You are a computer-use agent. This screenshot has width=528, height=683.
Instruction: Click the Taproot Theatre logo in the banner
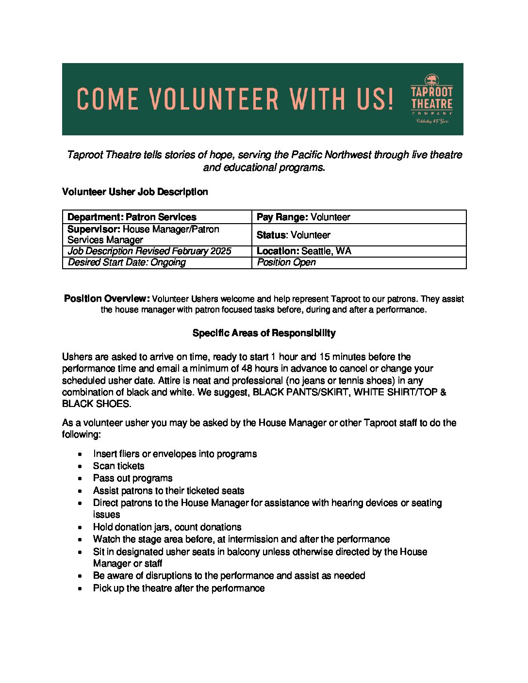(431, 99)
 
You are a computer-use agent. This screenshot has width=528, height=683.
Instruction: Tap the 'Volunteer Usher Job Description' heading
(135, 192)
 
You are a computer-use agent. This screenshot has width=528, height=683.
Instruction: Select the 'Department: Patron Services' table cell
(132, 217)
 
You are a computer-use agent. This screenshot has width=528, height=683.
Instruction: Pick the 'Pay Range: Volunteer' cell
(303, 217)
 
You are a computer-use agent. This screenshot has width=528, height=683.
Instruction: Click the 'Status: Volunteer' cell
(294, 235)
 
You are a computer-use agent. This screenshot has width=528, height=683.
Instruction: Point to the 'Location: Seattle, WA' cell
(304, 251)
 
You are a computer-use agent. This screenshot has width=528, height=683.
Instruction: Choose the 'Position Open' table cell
(286, 262)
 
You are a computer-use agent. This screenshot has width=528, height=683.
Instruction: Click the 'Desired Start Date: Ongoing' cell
(127, 262)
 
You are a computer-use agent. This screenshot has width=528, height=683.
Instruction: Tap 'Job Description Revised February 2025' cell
(149, 251)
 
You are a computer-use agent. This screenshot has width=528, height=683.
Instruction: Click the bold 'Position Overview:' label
(107, 299)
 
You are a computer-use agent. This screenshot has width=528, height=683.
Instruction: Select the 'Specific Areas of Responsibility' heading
(264, 333)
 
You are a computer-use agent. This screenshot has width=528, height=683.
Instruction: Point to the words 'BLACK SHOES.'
(97, 404)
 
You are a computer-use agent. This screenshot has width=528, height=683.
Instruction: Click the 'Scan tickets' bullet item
(119, 466)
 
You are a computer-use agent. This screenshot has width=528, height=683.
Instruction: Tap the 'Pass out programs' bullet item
(132, 478)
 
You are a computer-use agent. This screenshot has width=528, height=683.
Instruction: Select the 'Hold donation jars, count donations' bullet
(167, 527)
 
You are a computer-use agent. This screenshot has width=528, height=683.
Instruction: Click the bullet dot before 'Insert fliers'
(80, 455)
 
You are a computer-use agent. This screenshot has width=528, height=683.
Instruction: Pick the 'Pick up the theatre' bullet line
(179, 588)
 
